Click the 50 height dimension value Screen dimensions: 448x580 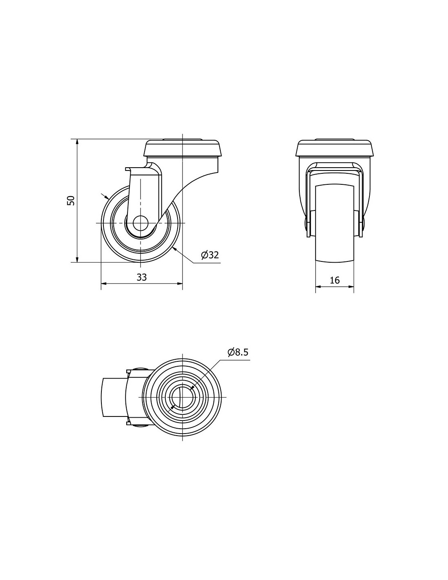click(70, 200)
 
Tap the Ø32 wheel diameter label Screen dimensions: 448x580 click(210, 255)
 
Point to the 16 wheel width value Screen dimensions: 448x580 click(335, 280)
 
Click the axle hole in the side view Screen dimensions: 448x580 click(140, 223)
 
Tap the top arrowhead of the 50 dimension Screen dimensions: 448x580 click(77, 142)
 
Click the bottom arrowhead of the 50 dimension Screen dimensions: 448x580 click(77, 259)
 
